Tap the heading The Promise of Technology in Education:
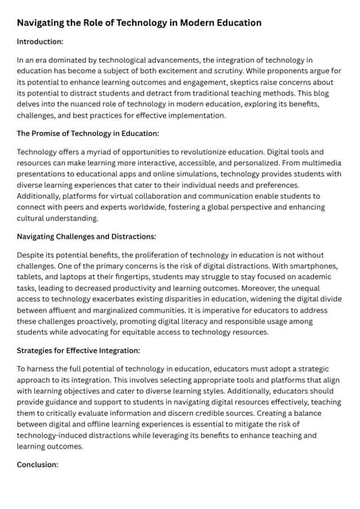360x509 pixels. click(x=87, y=132)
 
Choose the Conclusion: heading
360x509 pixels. click(x=37, y=465)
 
